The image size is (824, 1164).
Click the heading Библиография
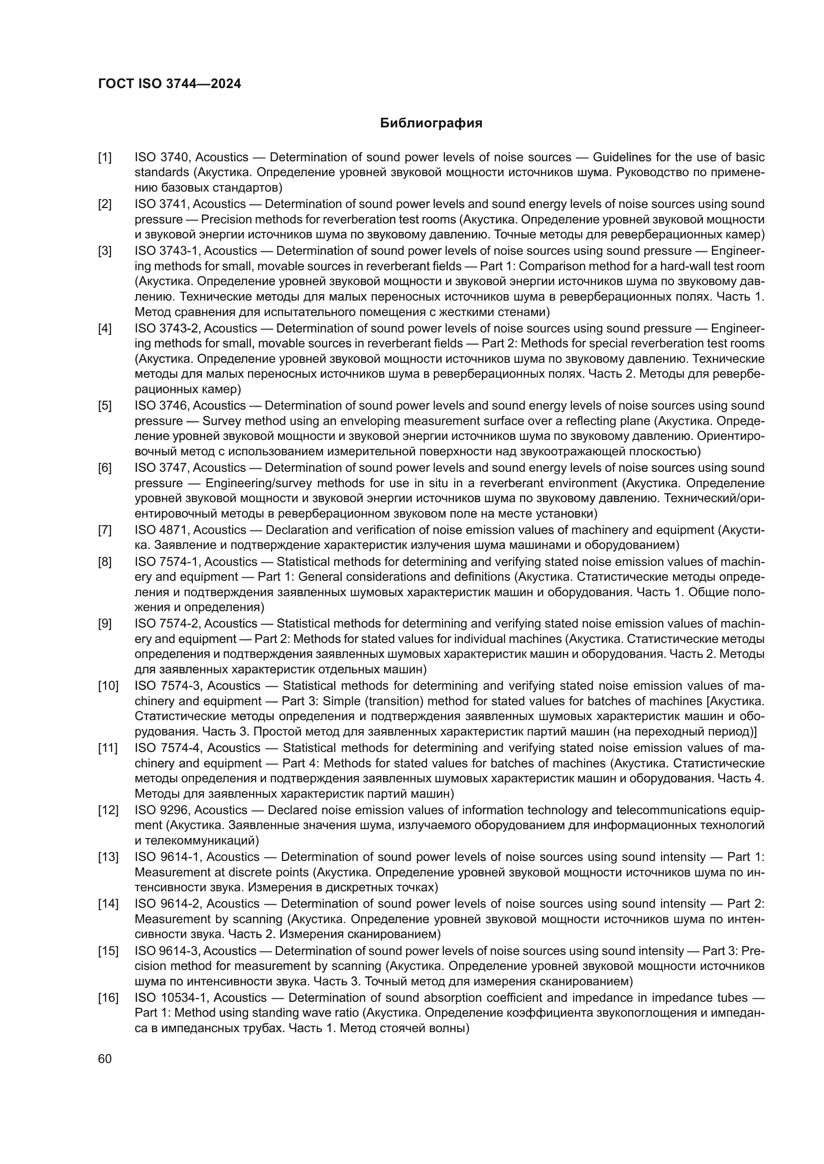coord(431,123)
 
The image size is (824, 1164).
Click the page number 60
coord(105,1058)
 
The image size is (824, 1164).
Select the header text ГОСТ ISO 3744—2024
coord(169,84)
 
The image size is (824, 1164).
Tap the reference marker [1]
coord(105,157)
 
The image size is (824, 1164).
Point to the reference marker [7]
coord(105,530)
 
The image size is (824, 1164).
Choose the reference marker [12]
coord(108,810)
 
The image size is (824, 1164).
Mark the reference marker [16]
coord(108,998)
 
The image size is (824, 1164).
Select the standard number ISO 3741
coord(161,204)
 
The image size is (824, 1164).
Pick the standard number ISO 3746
coord(161,406)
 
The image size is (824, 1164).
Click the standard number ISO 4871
coord(162,530)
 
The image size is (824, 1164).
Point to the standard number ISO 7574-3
coord(168,686)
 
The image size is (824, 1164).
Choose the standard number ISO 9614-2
coord(168,904)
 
